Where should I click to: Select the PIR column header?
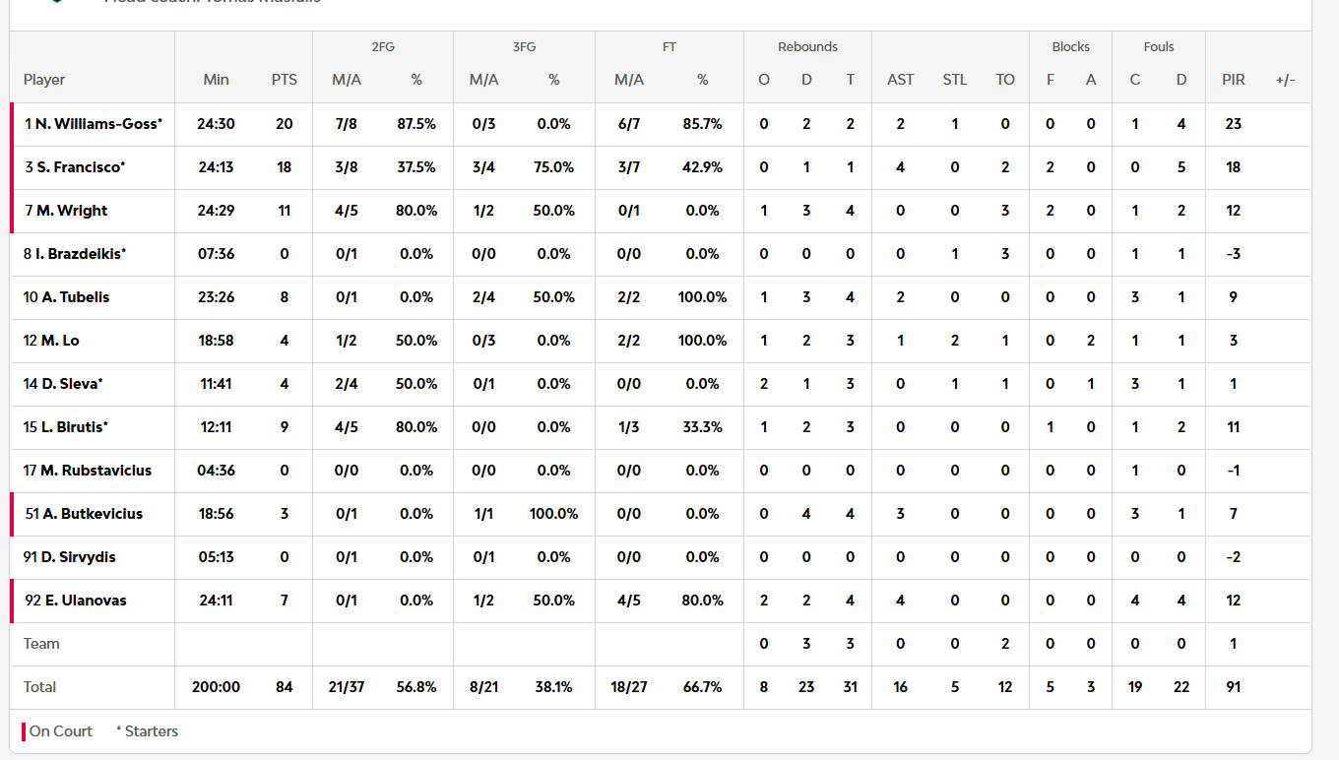click(1233, 80)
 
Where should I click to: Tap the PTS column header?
click(285, 80)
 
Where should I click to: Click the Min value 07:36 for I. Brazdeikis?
click(216, 254)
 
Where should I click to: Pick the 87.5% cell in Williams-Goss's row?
click(415, 124)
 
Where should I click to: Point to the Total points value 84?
click(285, 687)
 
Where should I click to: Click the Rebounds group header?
click(807, 46)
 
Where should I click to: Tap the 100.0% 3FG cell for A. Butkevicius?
click(553, 514)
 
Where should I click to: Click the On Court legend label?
click(60, 731)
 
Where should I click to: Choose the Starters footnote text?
click(148, 731)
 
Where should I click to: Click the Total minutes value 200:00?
click(216, 687)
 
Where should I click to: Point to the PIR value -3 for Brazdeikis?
click(1233, 254)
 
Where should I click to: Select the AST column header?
click(900, 80)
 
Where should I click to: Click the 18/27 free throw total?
click(629, 687)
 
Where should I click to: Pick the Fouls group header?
click(1159, 46)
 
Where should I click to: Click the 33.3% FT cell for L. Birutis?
click(702, 427)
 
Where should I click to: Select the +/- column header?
click(1285, 80)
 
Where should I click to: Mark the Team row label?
click(41, 644)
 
